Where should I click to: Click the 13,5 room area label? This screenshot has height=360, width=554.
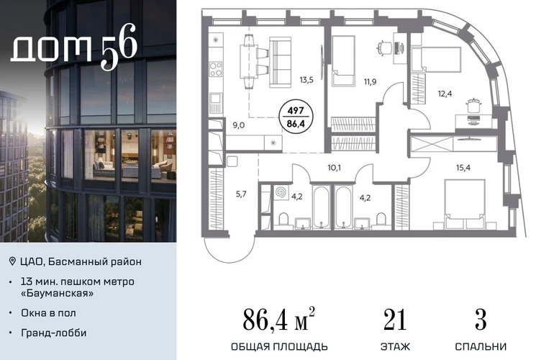[306, 80]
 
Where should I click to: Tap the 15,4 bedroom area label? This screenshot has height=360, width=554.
[463, 168]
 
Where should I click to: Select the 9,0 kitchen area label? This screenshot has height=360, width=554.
[238, 125]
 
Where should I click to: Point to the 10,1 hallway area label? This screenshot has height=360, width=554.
[334, 168]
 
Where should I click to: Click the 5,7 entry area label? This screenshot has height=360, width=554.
[241, 194]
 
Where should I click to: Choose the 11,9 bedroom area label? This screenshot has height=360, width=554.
[371, 81]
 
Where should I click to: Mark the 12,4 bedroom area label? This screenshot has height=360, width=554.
[445, 94]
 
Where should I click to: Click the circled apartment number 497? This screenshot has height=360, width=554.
[296, 111]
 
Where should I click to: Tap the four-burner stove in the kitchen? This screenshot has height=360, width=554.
[216, 69]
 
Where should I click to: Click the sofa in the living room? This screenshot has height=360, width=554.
[280, 62]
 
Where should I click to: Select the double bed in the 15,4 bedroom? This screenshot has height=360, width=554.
[465, 203]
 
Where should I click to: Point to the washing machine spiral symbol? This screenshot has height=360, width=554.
[281, 193]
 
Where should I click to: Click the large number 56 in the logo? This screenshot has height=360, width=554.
[119, 47]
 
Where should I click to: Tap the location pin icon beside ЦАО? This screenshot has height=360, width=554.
[12, 261]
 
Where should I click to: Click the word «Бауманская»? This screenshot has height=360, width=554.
[58, 293]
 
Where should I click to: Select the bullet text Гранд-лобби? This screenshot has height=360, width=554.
[54, 333]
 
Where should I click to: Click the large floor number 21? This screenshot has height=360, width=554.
[395, 320]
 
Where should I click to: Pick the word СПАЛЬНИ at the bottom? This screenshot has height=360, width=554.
[481, 346]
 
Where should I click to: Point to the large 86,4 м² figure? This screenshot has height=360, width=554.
[278, 319]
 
